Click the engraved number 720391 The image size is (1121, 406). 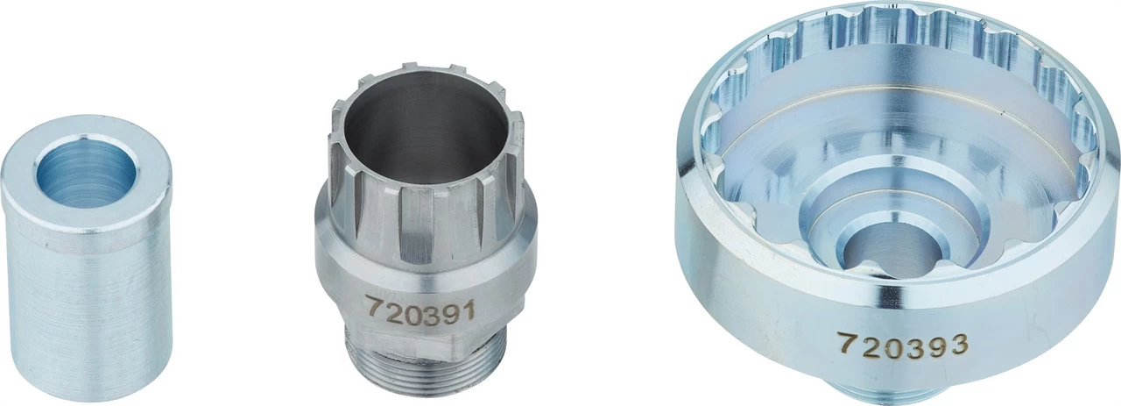(419, 310)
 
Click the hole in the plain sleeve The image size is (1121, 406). (86, 173)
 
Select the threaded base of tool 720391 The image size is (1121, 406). (426, 366)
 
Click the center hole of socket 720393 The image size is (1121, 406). (890, 251)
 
